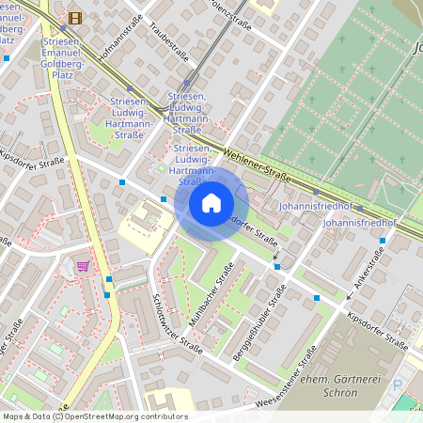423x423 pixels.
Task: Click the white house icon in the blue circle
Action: point(211,203)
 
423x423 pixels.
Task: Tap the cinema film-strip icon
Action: point(75,17)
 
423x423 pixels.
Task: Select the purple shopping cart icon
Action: point(83,265)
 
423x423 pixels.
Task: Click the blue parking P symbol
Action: point(397,384)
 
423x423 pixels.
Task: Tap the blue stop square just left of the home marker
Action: point(164,199)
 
